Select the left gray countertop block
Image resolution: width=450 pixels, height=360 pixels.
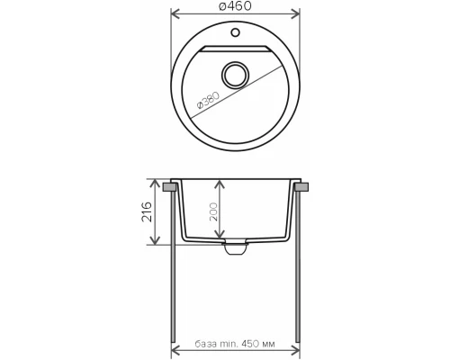pos(169,187)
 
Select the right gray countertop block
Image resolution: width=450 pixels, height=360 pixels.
pos(301,187)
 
